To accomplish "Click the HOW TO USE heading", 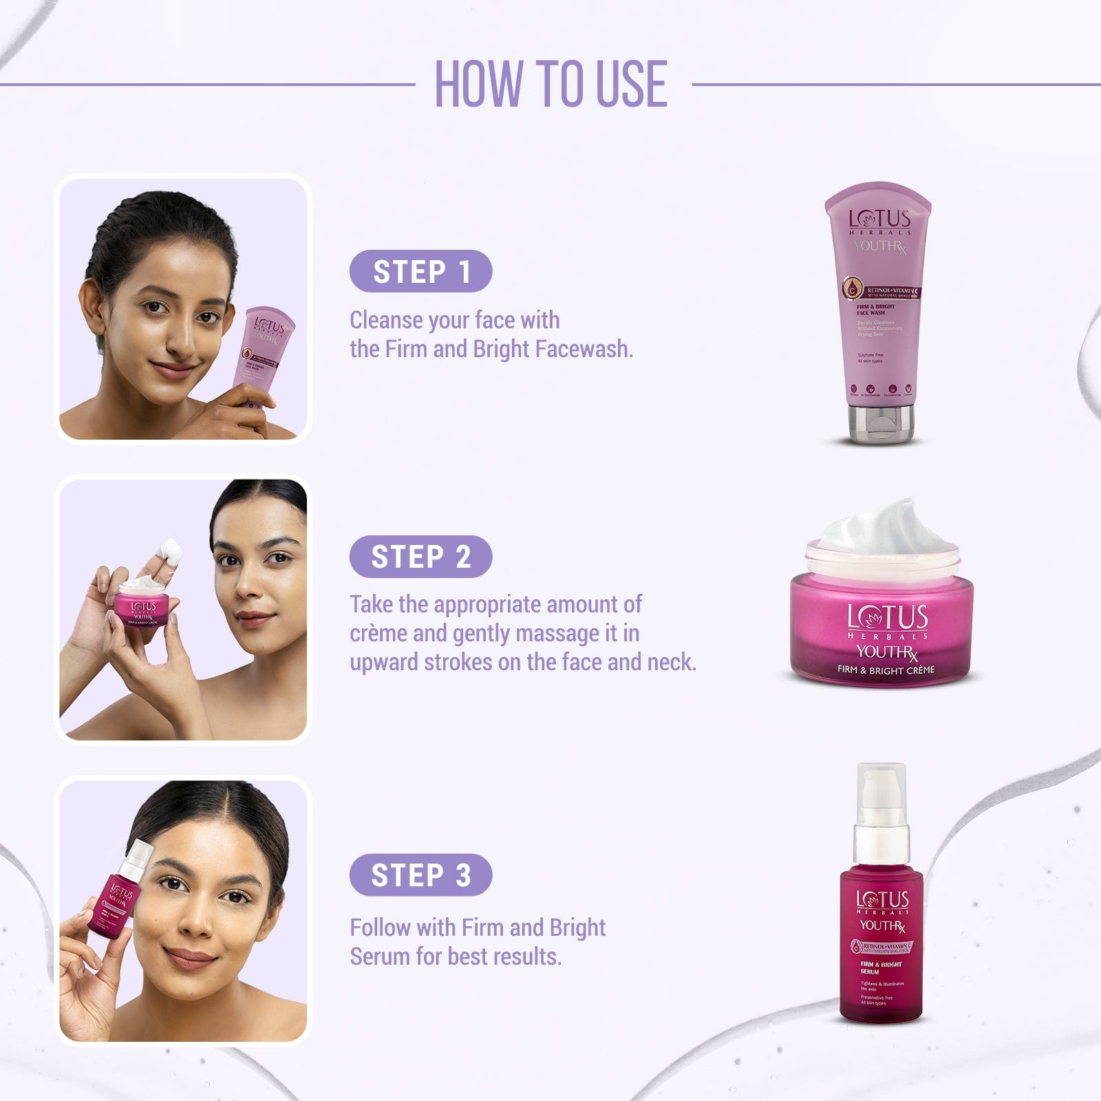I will [550, 84].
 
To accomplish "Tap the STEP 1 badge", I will [420, 271].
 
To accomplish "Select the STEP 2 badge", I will [420, 557].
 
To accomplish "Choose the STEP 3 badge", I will [420, 875].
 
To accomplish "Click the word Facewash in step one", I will [583, 349].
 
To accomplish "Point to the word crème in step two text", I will [378, 633].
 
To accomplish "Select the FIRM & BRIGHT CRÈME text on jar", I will [886, 670].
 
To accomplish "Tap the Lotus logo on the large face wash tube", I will [879, 220].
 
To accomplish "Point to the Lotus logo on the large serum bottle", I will [882, 900].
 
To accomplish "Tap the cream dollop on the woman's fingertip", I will [170, 550].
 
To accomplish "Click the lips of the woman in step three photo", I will [191, 958].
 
